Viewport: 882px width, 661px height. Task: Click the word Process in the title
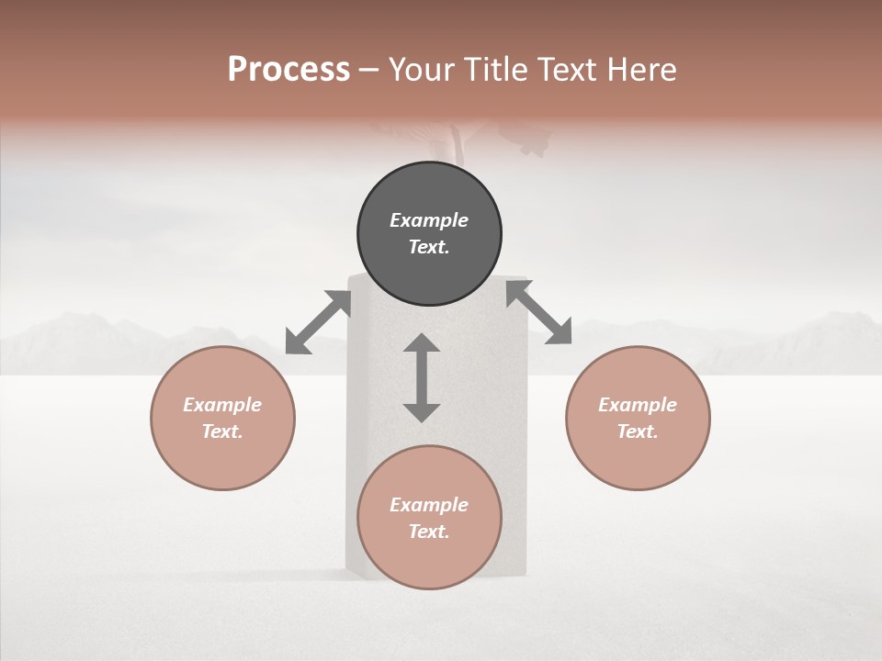(288, 70)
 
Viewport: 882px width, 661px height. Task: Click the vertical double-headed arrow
(422, 377)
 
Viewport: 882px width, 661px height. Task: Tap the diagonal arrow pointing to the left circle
(318, 322)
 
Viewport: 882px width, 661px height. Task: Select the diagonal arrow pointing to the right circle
(538, 312)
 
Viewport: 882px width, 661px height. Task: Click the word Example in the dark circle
(429, 220)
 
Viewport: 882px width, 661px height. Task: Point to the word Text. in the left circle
(222, 431)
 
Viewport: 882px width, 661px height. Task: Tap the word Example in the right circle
(638, 405)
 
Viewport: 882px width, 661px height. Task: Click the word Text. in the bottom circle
(429, 532)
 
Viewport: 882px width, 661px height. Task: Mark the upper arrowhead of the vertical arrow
(422, 345)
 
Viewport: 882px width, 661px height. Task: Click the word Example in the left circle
(222, 405)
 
